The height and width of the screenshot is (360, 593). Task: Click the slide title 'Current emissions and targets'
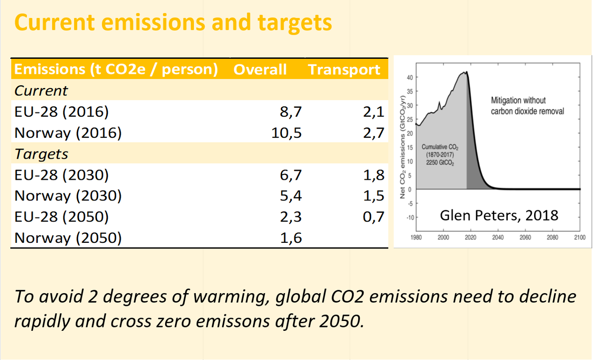pyautogui.click(x=173, y=23)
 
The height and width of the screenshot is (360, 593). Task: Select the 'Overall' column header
pyautogui.click(x=260, y=70)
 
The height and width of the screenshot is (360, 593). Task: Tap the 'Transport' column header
pyautogui.click(x=344, y=70)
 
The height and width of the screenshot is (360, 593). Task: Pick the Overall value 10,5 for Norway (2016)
pyautogui.click(x=286, y=133)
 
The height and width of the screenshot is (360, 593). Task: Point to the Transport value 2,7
pyautogui.click(x=374, y=133)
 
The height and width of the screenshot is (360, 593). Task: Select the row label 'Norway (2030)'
pyautogui.click(x=68, y=196)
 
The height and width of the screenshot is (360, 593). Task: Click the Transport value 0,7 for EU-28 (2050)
pyautogui.click(x=374, y=217)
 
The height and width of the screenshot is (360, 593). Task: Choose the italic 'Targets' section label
pyautogui.click(x=41, y=154)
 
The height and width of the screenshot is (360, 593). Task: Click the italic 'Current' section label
pyautogui.click(x=41, y=90)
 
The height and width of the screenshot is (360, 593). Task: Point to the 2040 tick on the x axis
pyautogui.click(x=497, y=238)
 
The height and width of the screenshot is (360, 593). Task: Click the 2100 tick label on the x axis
pyautogui.click(x=579, y=238)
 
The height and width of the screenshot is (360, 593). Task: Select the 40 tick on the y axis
pyautogui.click(x=409, y=77)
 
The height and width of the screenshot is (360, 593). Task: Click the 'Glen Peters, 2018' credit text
pyautogui.click(x=499, y=216)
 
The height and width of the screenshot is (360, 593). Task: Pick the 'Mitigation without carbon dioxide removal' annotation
pyautogui.click(x=527, y=106)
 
